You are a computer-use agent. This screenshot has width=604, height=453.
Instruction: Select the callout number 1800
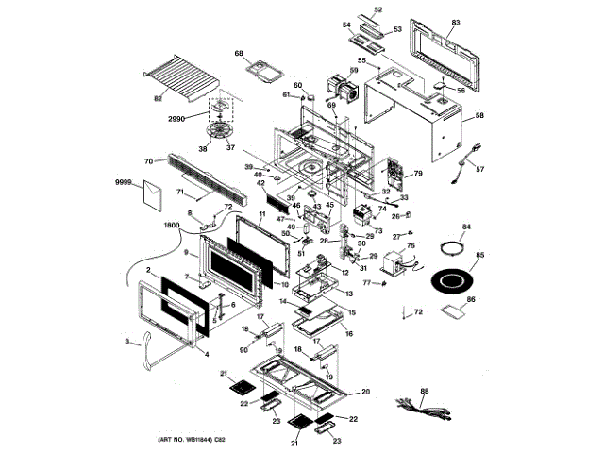[171, 225]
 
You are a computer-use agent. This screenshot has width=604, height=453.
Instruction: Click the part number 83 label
[456, 22]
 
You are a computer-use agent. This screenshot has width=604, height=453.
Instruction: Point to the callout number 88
[424, 390]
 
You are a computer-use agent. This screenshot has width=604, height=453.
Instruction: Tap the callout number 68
[239, 53]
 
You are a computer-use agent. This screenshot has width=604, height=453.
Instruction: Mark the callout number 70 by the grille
[148, 161]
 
